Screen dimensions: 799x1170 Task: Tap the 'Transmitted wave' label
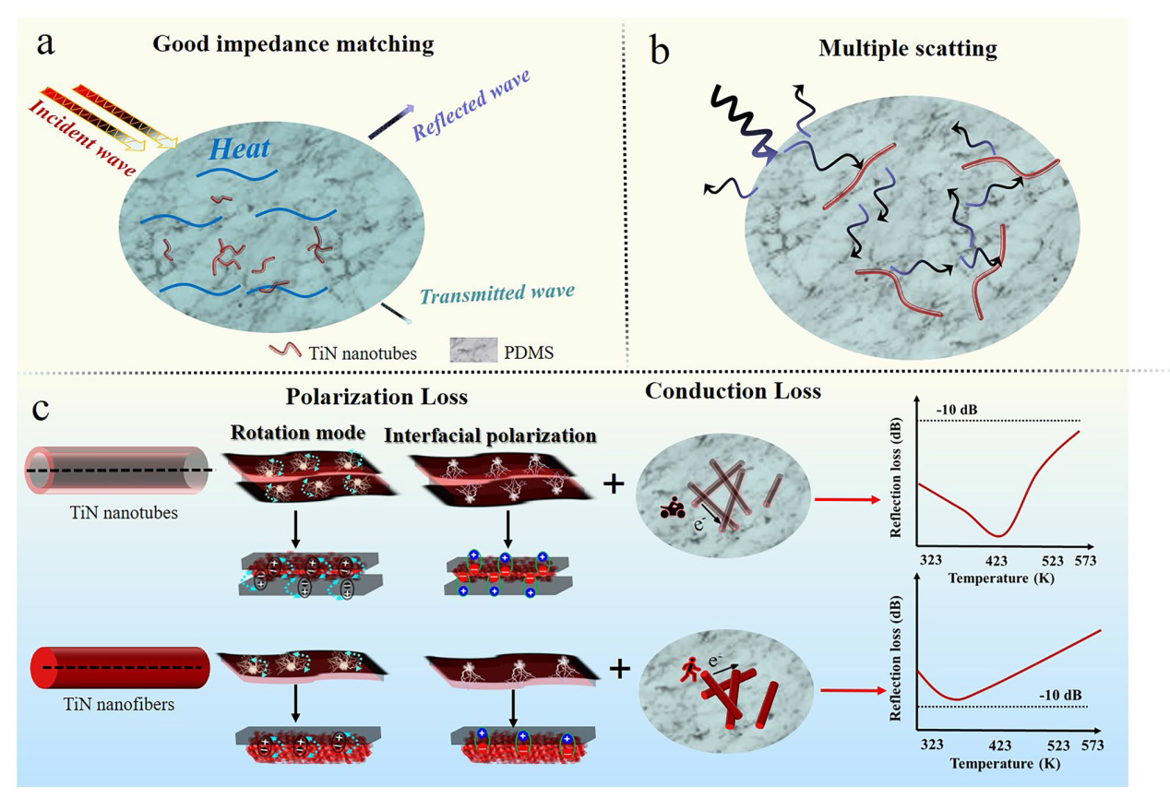497,292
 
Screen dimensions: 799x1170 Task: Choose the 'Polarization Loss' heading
378,399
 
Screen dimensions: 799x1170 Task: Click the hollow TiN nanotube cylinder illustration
118,470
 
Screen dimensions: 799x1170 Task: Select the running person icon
684,669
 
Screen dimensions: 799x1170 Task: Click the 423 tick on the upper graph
997,560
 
